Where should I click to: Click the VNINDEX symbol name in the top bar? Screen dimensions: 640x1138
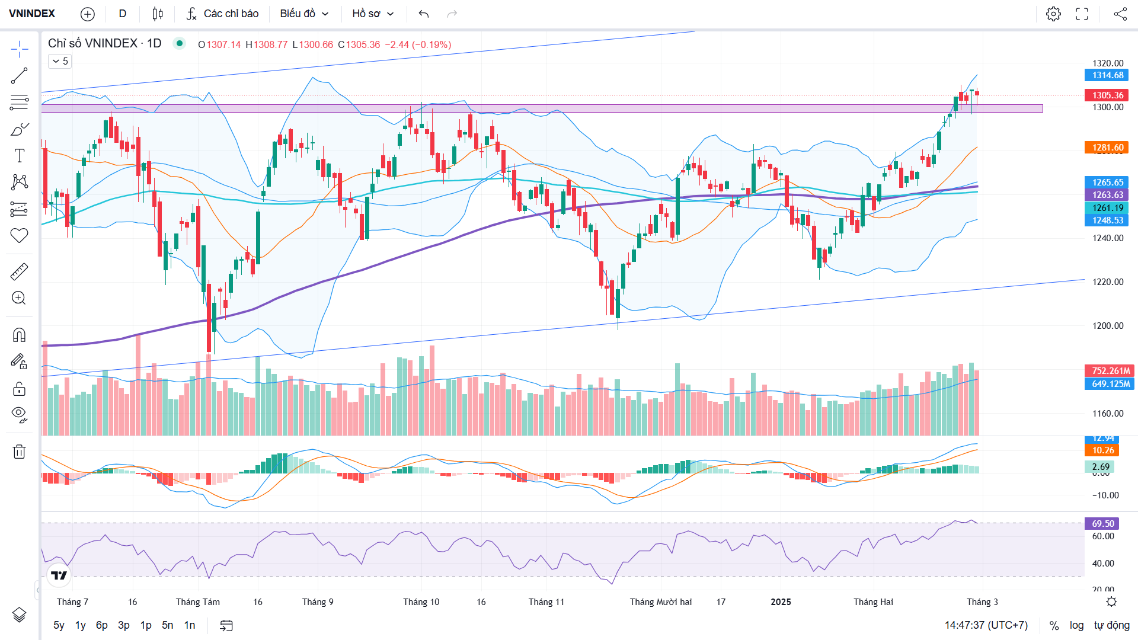click(x=32, y=14)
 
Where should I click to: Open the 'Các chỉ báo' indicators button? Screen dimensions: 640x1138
click(x=223, y=14)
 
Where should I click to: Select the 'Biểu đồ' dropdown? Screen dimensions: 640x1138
click(x=304, y=14)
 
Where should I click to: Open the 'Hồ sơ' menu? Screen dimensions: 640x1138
click(x=373, y=14)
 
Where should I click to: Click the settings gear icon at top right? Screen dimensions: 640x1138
click(x=1053, y=14)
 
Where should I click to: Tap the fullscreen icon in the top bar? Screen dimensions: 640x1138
click(x=1082, y=14)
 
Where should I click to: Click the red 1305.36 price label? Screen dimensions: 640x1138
click(x=1107, y=95)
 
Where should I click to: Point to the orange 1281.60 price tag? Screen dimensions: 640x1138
click(x=1107, y=148)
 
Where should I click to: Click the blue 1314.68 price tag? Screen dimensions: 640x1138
click(x=1107, y=75)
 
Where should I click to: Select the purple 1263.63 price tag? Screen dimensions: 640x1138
click(x=1107, y=195)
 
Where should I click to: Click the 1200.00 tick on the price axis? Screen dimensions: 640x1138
click(x=1107, y=326)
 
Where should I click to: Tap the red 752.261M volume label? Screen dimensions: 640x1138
click(x=1110, y=371)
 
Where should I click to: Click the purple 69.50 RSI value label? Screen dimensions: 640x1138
click(x=1102, y=524)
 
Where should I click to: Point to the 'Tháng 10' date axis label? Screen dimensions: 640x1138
click(x=421, y=602)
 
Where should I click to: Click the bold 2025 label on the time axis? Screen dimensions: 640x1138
click(x=781, y=602)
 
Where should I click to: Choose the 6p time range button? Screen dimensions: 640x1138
click(x=102, y=625)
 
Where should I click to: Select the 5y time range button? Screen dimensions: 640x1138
click(x=59, y=625)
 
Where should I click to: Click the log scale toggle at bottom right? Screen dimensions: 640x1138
click(x=1076, y=625)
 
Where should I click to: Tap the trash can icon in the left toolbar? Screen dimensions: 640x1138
click(x=19, y=452)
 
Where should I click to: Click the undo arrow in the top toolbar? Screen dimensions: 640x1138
click(x=423, y=14)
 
